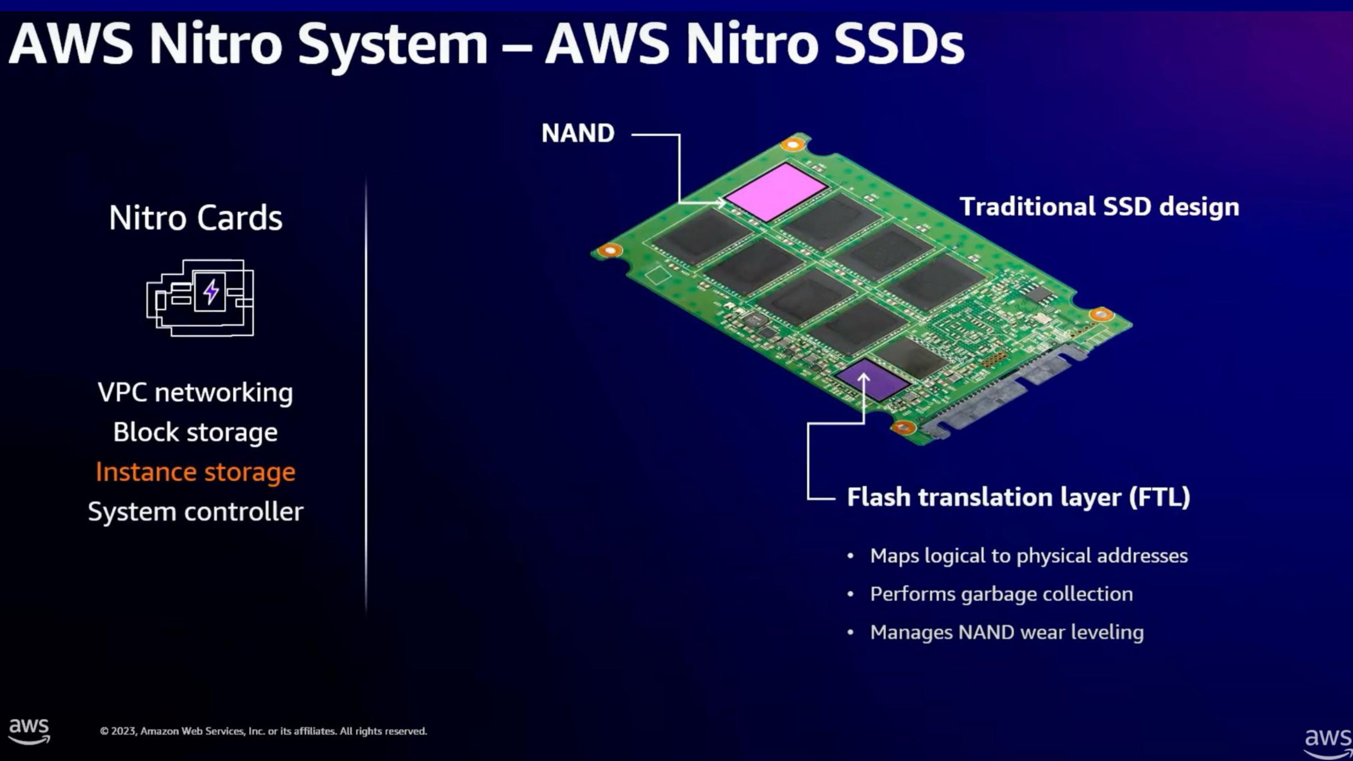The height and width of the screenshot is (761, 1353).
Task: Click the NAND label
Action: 578,133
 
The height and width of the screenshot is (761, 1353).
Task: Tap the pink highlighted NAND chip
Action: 776,192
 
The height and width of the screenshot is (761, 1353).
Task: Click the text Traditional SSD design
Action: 1100,206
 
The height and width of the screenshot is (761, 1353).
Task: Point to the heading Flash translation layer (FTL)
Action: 1018,497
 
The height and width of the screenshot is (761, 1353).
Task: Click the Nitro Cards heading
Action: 195,217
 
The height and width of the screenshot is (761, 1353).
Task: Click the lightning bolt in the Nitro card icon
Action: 211,292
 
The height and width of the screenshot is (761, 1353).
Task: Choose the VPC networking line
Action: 195,392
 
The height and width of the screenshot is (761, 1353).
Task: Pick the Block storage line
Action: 195,432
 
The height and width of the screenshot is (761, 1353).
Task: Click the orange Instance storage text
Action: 195,472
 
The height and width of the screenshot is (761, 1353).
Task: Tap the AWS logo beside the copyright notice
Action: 29,730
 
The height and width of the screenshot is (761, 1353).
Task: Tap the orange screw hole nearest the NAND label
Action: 792,143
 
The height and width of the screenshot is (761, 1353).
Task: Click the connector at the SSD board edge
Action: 998,389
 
